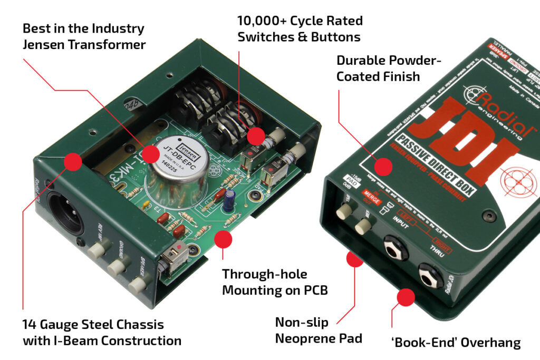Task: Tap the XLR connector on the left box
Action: point(65,213)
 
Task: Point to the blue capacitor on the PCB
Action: point(228,201)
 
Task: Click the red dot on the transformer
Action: point(151,154)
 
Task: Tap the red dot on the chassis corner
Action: point(73,161)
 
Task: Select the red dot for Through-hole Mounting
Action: point(223,239)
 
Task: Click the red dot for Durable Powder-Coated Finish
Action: point(384,167)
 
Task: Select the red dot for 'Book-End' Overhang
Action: point(405,298)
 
